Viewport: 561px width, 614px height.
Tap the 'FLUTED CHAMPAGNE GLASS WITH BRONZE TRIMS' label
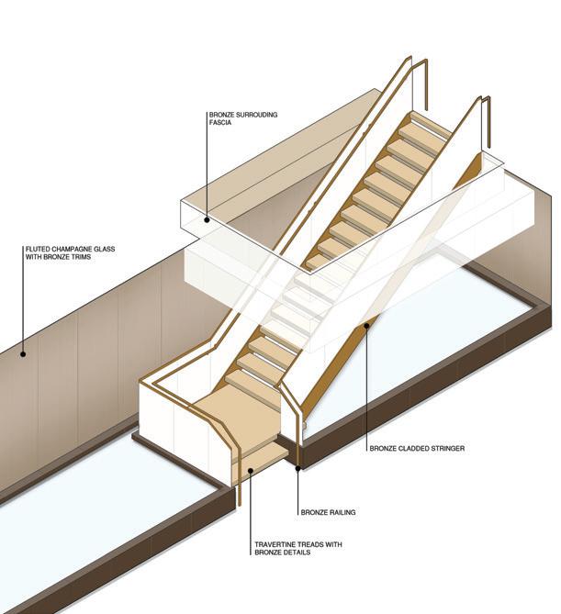70,252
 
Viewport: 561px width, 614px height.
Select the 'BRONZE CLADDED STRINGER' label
417,449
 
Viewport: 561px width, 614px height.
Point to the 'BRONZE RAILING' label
328,512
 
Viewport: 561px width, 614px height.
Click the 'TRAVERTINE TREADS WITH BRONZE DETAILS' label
297,549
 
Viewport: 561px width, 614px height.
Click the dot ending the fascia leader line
208,219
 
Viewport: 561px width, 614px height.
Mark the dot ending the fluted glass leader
25,352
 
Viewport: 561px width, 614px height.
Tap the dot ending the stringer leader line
366,323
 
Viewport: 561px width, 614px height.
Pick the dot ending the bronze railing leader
299,468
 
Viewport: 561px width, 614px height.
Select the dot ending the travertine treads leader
250,471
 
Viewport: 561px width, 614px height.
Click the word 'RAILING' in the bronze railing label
340,512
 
